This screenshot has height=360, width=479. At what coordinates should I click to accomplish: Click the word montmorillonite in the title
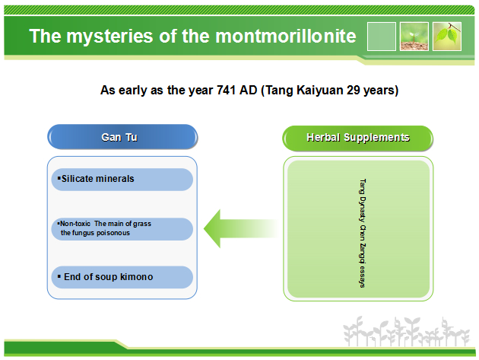(x=286, y=36)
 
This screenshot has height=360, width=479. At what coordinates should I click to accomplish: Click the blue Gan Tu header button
(x=122, y=137)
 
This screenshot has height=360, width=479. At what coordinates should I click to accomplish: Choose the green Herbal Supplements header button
(x=357, y=138)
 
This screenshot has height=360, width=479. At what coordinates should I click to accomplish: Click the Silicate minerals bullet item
(x=122, y=179)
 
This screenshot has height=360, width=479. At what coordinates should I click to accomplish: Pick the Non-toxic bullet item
(x=122, y=229)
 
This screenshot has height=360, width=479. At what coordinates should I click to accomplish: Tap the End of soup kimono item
(x=122, y=277)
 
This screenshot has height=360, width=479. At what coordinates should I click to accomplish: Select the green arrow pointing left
(x=241, y=228)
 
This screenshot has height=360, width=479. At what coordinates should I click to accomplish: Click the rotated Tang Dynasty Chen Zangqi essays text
(x=363, y=233)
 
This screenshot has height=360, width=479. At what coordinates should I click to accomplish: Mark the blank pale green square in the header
(x=382, y=37)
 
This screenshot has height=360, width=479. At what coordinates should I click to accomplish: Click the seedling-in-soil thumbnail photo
(x=414, y=37)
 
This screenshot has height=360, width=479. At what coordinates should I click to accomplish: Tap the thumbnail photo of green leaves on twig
(x=447, y=37)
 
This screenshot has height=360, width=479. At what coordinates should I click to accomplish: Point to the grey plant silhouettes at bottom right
(x=406, y=332)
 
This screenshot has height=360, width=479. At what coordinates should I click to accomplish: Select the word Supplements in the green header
(x=376, y=138)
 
